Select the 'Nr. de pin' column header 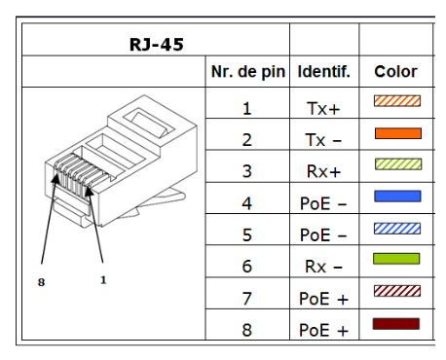(x=246, y=72)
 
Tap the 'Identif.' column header (x=324, y=72)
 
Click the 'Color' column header (x=395, y=72)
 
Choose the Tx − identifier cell (x=324, y=139)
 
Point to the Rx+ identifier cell (x=324, y=171)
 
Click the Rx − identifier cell (x=324, y=266)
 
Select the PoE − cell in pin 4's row (x=324, y=202)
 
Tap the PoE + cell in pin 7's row (x=324, y=298)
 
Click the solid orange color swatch (x=396, y=133)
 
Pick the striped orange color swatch (x=396, y=101)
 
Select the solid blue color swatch (x=396, y=197)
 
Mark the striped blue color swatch (x=396, y=228)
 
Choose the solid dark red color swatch (x=396, y=323)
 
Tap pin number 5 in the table (x=246, y=234)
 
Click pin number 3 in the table (x=246, y=171)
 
